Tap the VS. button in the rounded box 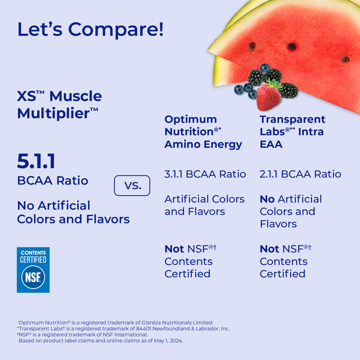coord(131,186)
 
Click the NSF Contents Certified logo coord(33,269)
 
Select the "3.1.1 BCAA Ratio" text coord(205,174)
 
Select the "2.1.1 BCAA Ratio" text coord(301,174)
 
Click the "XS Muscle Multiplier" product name coord(59,104)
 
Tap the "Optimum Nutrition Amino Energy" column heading coord(203,131)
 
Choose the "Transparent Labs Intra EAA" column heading coord(292,131)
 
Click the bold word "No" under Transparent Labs coord(267,199)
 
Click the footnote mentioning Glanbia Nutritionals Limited coord(116,322)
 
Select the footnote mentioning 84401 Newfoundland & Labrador coord(124,329)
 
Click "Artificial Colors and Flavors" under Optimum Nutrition coord(204,205)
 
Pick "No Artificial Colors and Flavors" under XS coord(73,212)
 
